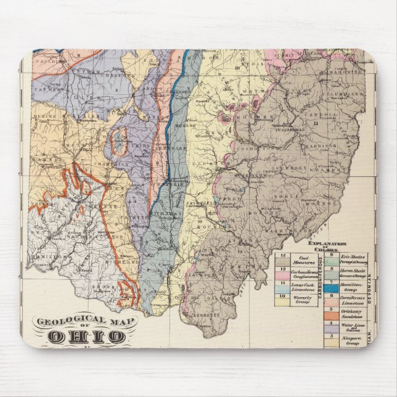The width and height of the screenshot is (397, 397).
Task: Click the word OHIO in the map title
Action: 86,337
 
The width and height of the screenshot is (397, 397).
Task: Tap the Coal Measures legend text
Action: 301,260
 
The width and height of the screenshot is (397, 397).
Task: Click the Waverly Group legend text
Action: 301,300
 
